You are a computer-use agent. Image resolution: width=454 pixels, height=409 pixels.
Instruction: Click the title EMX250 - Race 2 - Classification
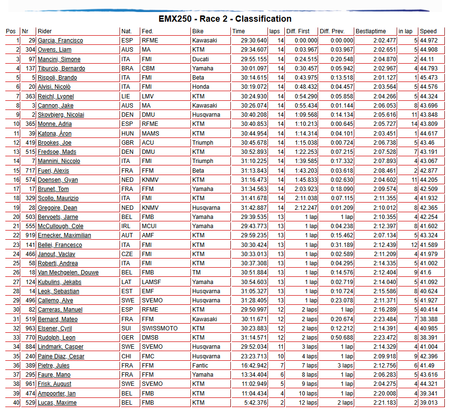pyautogui.click(x=225, y=19)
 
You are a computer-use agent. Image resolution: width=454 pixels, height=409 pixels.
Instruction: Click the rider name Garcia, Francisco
pyautogui.click(x=60, y=41)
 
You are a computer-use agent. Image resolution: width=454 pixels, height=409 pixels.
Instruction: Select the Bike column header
pyautogui.click(x=198, y=31)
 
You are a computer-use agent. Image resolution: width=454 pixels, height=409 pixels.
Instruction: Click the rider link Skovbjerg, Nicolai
pyautogui.click(x=61, y=115)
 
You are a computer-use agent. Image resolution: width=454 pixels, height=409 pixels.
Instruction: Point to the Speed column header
pyautogui.click(x=428, y=31)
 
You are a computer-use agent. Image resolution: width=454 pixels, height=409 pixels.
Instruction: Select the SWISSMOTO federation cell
pyautogui.click(x=160, y=328)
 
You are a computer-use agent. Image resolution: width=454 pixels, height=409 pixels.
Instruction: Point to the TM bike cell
pyautogui.click(x=197, y=273)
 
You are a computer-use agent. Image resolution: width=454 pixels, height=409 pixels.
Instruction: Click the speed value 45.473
pyautogui.click(x=429, y=78)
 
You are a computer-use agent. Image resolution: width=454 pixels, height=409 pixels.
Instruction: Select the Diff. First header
pyautogui.click(x=298, y=31)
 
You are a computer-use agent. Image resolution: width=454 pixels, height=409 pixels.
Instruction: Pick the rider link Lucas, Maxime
pyautogui.click(x=57, y=403)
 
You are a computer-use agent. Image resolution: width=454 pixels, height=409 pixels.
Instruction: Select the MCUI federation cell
pyautogui.click(x=150, y=226)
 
